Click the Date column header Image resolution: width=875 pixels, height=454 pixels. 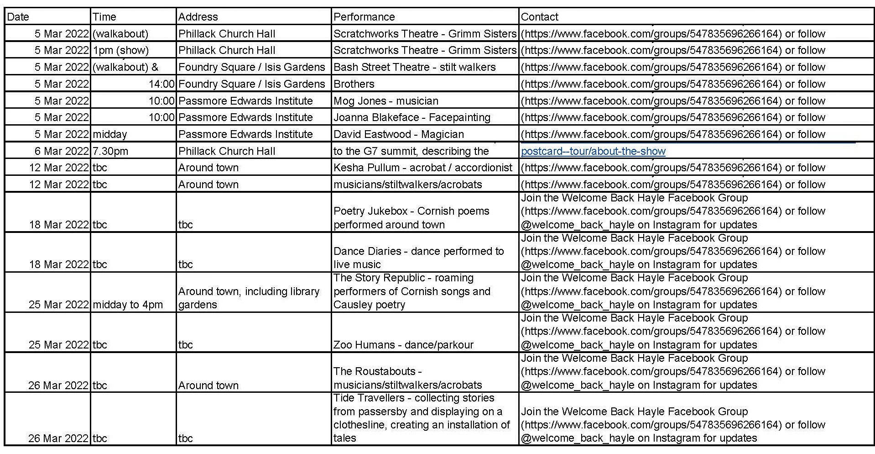point(18,17)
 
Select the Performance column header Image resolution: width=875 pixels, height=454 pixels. point(364,17)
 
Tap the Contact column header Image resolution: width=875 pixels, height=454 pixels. point(539,17)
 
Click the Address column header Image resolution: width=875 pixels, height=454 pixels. point(198,17)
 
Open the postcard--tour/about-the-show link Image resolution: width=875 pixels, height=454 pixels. point(593,151)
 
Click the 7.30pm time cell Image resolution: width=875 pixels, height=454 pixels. point(110,151)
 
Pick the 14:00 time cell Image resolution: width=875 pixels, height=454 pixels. point(161,84)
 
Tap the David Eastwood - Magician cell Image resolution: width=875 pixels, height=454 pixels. point(398,134)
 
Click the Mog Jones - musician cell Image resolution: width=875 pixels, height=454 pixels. point(385,101)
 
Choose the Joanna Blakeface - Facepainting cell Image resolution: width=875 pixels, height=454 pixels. point(411,117)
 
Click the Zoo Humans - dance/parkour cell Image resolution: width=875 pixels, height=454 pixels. point(403,345)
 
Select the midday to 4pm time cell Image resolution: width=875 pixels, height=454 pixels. point(128,305)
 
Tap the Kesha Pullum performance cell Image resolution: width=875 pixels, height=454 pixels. point(422,168)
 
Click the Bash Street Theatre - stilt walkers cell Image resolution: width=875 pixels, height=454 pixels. point(414,67)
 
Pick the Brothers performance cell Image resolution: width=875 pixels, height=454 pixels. point(354,84)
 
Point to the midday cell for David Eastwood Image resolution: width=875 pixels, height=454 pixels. point(109,134)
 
